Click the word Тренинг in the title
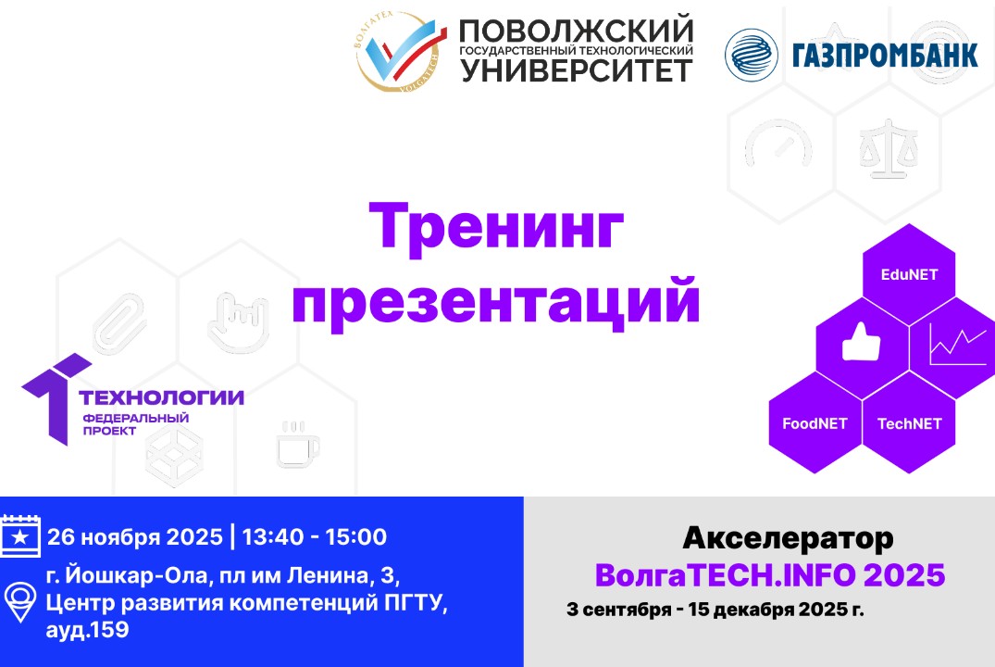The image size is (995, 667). pyautogui.click(x=496, y=230)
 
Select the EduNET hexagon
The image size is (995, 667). pyautogui.click(x=908, y=274)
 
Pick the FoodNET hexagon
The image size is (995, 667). pyautogui.click(x=815, y=423)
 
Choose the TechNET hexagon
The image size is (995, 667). pyautogui.click(x=909, y=423)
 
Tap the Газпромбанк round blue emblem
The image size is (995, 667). pyautogui.click(x=751, y=55)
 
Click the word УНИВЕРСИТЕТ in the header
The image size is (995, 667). pyautogui.click(x=576, y=69)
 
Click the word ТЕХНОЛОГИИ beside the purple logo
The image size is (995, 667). pyautogui.click(x=162, y=397)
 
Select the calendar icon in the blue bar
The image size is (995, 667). pyautogui.click(x=21, y=535)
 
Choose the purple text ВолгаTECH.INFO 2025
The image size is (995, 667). pyautogui.click(x=769, y=575)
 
